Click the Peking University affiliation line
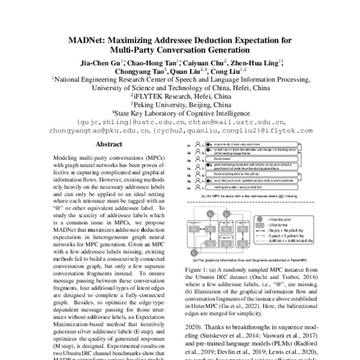179,103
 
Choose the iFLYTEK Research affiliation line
179,95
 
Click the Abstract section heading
109,145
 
